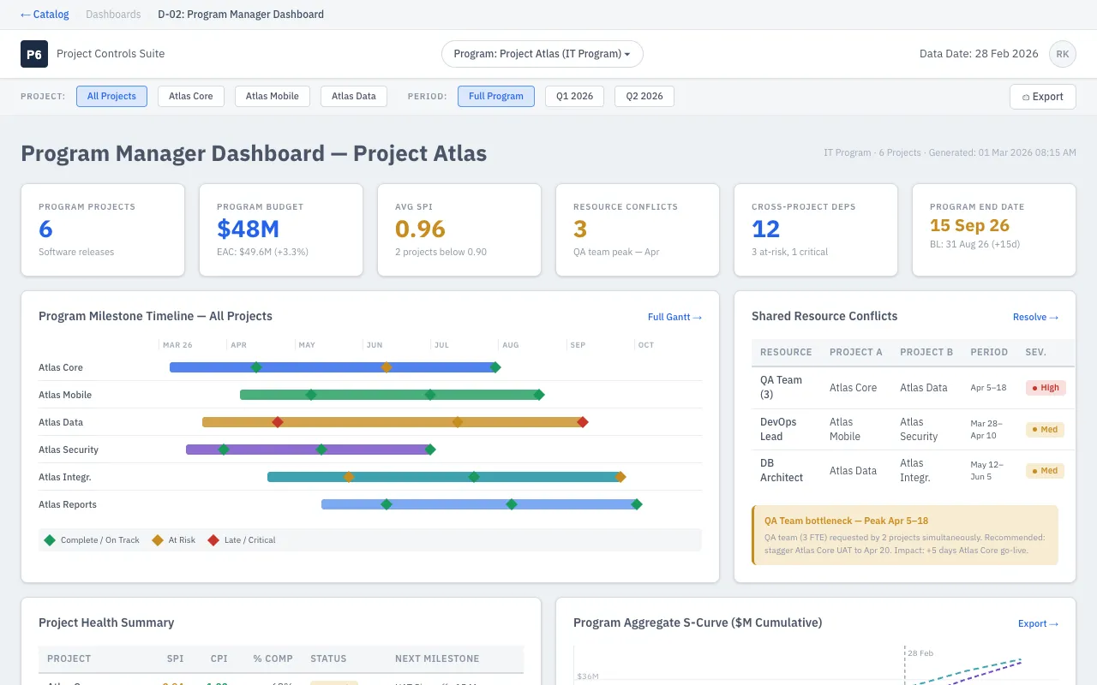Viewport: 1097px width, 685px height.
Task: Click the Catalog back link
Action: [x=45, y=15]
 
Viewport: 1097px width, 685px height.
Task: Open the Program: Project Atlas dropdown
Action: [x=542, y=54]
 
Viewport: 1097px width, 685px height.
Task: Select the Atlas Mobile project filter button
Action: [x=272, y=96]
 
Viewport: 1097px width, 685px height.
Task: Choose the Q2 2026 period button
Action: [x=644, y=96]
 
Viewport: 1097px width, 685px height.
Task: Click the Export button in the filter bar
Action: [x=1042, y=97]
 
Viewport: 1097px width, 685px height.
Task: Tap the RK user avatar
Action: [x=1062, y=54]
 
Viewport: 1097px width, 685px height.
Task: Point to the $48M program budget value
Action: [x=248, y=229]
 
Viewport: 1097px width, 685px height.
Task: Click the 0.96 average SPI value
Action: [x=420, y=229]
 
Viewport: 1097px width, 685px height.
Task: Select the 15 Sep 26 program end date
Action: [x=969, y=226]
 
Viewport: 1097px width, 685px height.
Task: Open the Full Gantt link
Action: [x=674, y=317]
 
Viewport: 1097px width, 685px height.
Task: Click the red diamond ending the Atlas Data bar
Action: [x=583, y=422]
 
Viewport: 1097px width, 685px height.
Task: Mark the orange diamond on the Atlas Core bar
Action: [x=387, y=367]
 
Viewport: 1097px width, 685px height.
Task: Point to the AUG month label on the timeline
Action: [x=510, y=345]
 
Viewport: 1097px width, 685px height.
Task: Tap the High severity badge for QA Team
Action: [x=1046, y=388]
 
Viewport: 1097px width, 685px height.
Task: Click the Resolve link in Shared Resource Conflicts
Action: [x=1035, y=317]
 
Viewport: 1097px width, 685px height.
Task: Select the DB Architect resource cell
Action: [x=781, y=470]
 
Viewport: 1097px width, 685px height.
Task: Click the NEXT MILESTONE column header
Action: [x=437, y=658]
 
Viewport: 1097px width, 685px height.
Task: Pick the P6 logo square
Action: [x=34, y=54]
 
